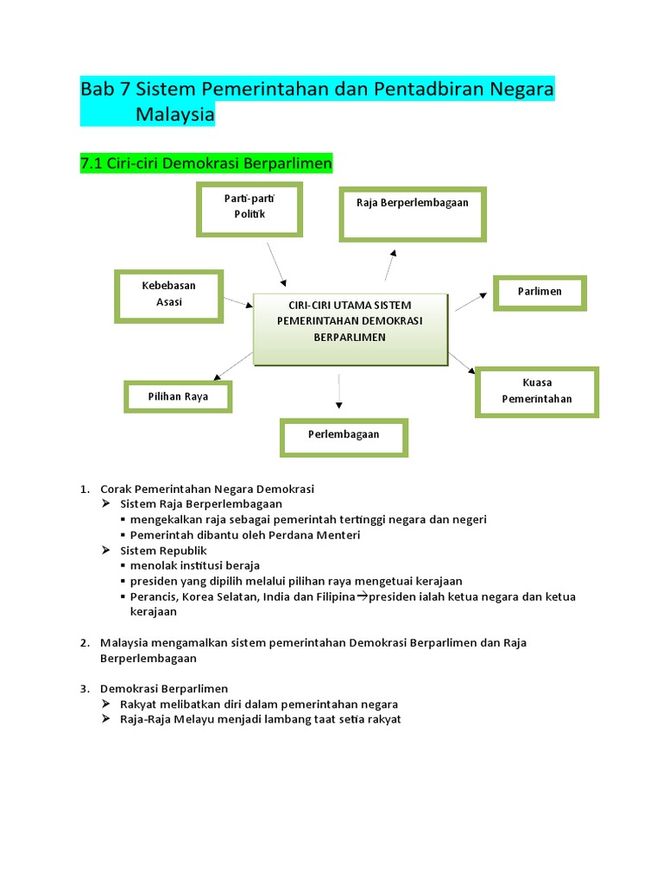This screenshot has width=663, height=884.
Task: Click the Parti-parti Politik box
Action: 249,208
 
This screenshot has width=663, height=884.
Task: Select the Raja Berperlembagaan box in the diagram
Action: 413,213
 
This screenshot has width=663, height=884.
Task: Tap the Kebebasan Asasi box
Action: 169,295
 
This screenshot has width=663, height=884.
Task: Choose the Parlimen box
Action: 540,293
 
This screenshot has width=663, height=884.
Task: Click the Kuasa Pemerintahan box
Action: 537,391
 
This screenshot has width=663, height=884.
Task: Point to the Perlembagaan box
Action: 344,436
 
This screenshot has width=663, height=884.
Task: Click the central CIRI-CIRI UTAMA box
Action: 350,328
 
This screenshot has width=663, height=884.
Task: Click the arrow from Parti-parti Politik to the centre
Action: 275,263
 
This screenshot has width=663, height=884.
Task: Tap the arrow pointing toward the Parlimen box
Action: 471,301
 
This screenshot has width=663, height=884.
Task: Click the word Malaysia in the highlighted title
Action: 174,115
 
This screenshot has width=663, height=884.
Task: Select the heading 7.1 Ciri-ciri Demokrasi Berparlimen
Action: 205,163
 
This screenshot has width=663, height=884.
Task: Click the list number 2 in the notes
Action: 85,642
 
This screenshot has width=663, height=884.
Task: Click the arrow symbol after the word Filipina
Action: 362,597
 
